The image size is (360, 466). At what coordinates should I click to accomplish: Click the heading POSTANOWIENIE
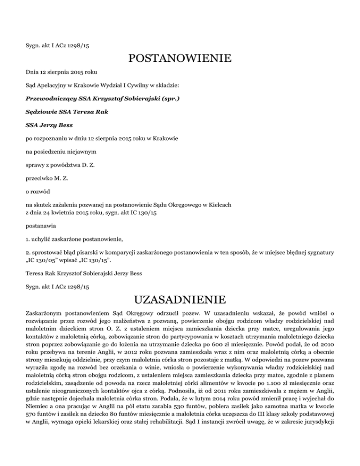[180, 60]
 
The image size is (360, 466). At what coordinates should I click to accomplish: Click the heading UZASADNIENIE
[180, 299]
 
